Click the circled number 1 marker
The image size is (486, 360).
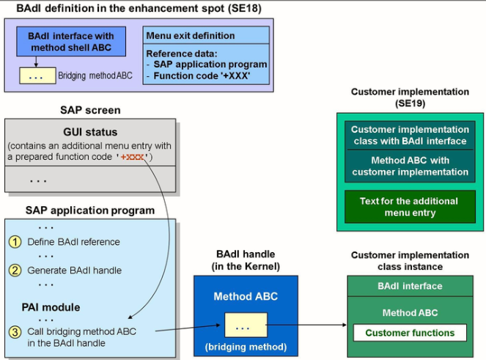click(15, 242)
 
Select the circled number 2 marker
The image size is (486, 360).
click(15, 270)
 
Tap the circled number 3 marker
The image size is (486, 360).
click(15, 331)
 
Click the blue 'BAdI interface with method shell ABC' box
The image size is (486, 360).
click(71, 41)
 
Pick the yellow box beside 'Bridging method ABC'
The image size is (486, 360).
click(37, 76)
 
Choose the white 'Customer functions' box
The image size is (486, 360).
click(410, 333)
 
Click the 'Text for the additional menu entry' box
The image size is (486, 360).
click(410, 207)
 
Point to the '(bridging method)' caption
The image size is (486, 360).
click(245, 346)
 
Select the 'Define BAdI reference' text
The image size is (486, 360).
click(73, 242)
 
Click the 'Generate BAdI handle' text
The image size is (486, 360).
click(73, 270)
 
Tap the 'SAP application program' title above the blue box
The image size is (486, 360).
click(89, 210)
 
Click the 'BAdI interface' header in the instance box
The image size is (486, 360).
click(410, 286)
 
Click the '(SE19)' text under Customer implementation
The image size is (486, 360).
click(410, 104)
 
